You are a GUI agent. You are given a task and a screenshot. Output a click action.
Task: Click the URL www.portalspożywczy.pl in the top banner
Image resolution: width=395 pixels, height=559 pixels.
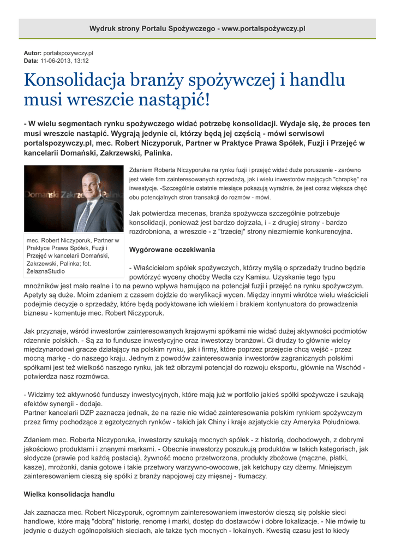(x=264, y=28)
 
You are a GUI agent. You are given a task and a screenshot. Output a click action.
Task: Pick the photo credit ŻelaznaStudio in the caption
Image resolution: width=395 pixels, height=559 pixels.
(x=46, y=271)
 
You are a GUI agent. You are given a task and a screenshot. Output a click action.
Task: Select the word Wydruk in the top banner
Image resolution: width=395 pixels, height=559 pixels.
(x=102, y=28)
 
